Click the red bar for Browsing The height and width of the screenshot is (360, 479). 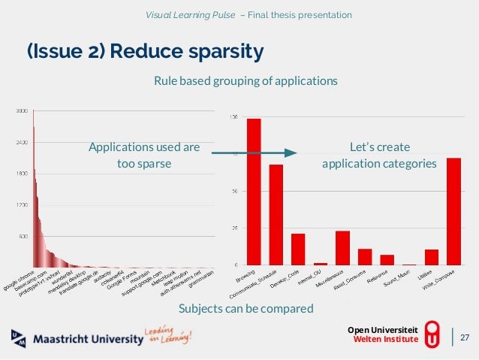tap(254, 192)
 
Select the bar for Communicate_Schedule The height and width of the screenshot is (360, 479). tap(276, 214)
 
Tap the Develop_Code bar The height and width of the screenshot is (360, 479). tap(298, 249)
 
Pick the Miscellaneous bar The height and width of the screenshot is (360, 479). tap(343, 247)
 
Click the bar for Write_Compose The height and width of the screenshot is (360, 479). tap(453, 211)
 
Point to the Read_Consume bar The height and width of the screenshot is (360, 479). tap(365, 256)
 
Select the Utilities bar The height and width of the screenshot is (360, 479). tap(431, 256)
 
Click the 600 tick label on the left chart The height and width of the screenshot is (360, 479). tap(23, 236)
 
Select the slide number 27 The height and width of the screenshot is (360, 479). tap(464, 337)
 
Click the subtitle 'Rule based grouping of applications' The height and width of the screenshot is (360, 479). tap(246, 80)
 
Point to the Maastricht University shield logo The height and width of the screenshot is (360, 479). tap(19, 338)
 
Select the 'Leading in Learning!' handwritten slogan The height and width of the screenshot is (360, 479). tap(170, 336)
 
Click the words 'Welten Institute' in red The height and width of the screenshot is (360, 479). tap(385, 340)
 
